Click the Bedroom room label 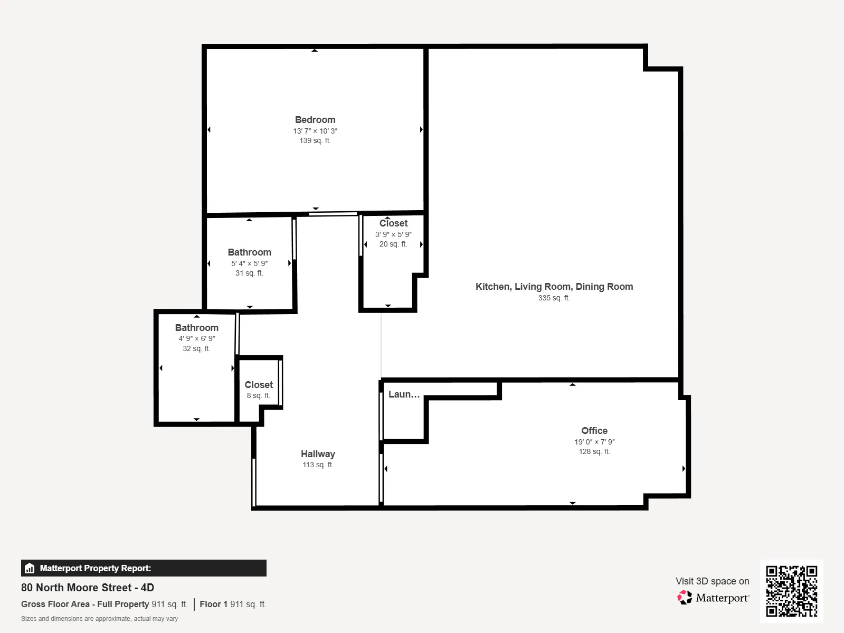[x=315, y=120]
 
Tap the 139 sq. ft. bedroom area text [x=315, y=141]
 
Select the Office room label [x=594, y=431]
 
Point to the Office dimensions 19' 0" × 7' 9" [x=594, y=442]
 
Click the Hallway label [x=318, y=454]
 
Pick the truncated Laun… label [x=404, y=394]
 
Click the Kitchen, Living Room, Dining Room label [x=554, y=287]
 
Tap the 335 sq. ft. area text [x=554, y=298]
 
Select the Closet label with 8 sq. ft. [x=259, y=385]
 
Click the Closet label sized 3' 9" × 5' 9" [x=393, y=223]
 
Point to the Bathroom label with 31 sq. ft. [x=249, y=252]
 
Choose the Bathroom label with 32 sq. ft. [x=196, y=328]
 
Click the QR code [x=791, y=591]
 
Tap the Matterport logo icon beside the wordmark [x=685, y=598]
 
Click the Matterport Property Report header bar [x=144, y=568]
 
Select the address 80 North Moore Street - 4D [x=88, y=588]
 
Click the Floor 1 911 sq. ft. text [x=233, y=604]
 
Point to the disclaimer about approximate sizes [x=99, y=619]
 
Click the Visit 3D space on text [x=712, y=581]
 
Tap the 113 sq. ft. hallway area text [x=318, y=465]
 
